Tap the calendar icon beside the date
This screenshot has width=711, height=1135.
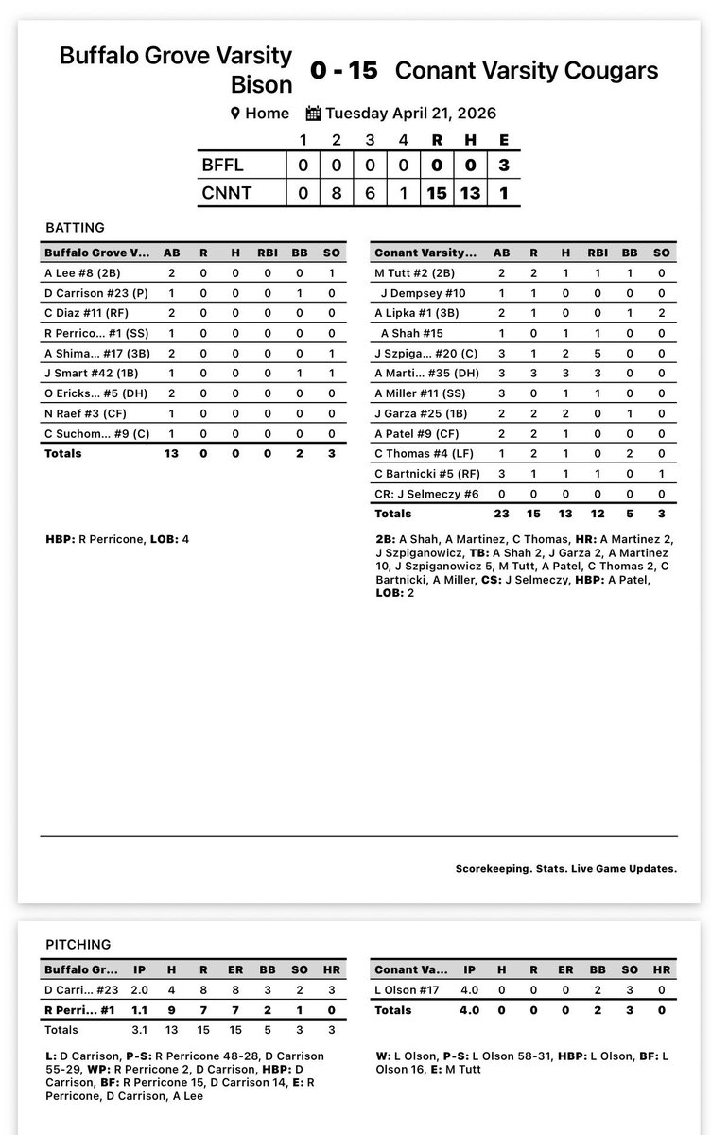click(314, 113)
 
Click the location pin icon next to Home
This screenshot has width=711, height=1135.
click(235, 113)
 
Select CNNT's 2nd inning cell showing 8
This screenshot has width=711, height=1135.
click(337, 193)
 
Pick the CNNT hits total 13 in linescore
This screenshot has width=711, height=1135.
click(470, 193)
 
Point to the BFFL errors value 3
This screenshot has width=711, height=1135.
click(504, 165)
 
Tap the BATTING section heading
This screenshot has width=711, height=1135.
click(75, 228)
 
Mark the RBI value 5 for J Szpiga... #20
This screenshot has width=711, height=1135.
click(592, 352)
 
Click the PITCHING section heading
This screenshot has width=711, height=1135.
click(78, 944)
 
